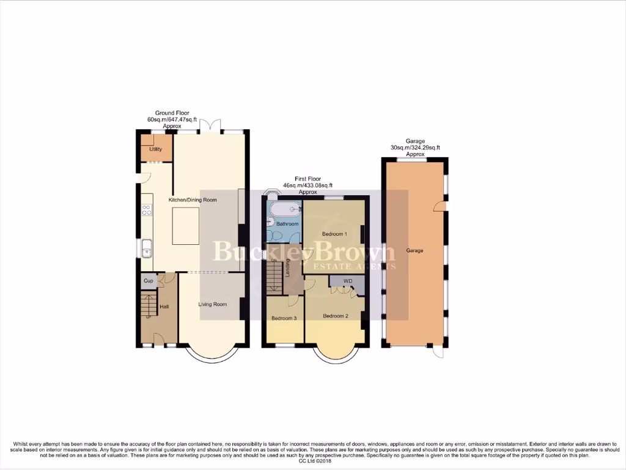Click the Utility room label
pos(155,149)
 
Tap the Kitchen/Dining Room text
pos(193,200)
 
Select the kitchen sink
pos(147,248)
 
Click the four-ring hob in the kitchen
pos(147,210)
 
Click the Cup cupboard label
pos(148,282)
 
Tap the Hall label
pos(164,307)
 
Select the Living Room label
pos(213,304)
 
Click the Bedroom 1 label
pos(334,234)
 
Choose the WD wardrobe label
pos(348,282)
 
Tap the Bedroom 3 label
pos(284,318)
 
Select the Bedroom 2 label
pos(335,316)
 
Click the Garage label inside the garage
pos(414,250)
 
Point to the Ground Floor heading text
pos(172,113)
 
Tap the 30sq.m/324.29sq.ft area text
pos(416,147)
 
